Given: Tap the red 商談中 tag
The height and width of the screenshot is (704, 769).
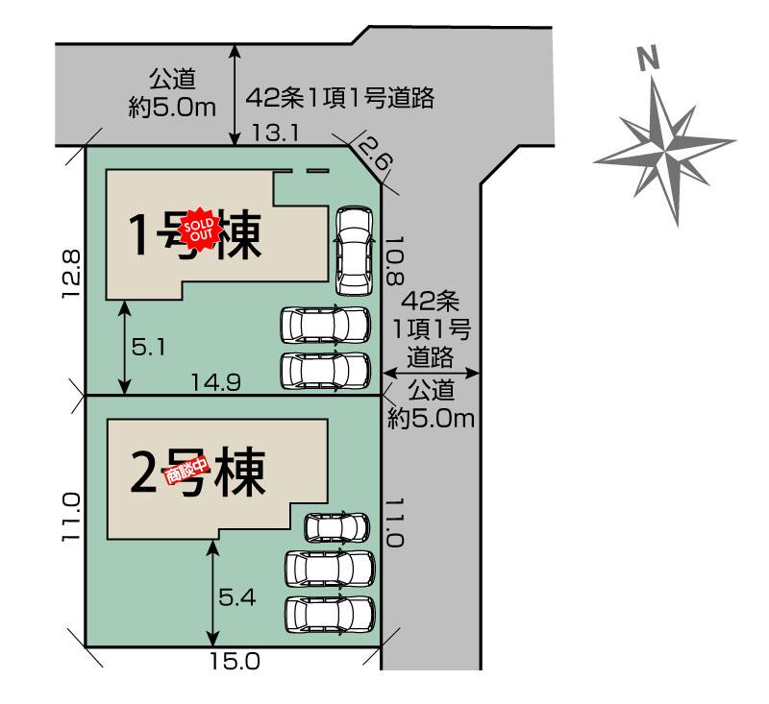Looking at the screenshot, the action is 187,471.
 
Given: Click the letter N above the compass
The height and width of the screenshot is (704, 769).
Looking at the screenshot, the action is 648,59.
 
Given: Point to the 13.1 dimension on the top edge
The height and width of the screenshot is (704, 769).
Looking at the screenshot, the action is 275,134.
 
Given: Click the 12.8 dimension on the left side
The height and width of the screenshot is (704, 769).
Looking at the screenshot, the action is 71,274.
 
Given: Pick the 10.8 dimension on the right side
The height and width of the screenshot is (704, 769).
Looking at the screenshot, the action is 395,261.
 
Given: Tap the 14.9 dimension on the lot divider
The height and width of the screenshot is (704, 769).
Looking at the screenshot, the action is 215,382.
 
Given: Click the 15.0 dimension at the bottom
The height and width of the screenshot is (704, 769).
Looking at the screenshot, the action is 235,662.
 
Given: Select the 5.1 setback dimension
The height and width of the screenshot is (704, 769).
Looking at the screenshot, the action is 149,349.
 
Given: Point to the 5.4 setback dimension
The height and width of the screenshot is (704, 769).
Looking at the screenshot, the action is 236,597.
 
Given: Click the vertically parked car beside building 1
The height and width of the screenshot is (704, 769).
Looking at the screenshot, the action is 354,251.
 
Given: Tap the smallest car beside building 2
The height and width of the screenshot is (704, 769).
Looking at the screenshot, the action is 336,527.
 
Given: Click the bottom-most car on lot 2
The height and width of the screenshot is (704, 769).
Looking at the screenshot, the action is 330,616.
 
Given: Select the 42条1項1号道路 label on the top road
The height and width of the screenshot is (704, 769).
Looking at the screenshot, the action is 340,98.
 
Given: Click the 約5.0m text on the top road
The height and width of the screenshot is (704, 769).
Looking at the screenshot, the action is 172,108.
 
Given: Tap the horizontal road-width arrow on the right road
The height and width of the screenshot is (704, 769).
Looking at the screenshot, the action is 430,374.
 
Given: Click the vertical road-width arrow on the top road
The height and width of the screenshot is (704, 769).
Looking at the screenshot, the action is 236,95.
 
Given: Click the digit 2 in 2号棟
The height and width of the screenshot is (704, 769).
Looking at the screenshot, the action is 143,472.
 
